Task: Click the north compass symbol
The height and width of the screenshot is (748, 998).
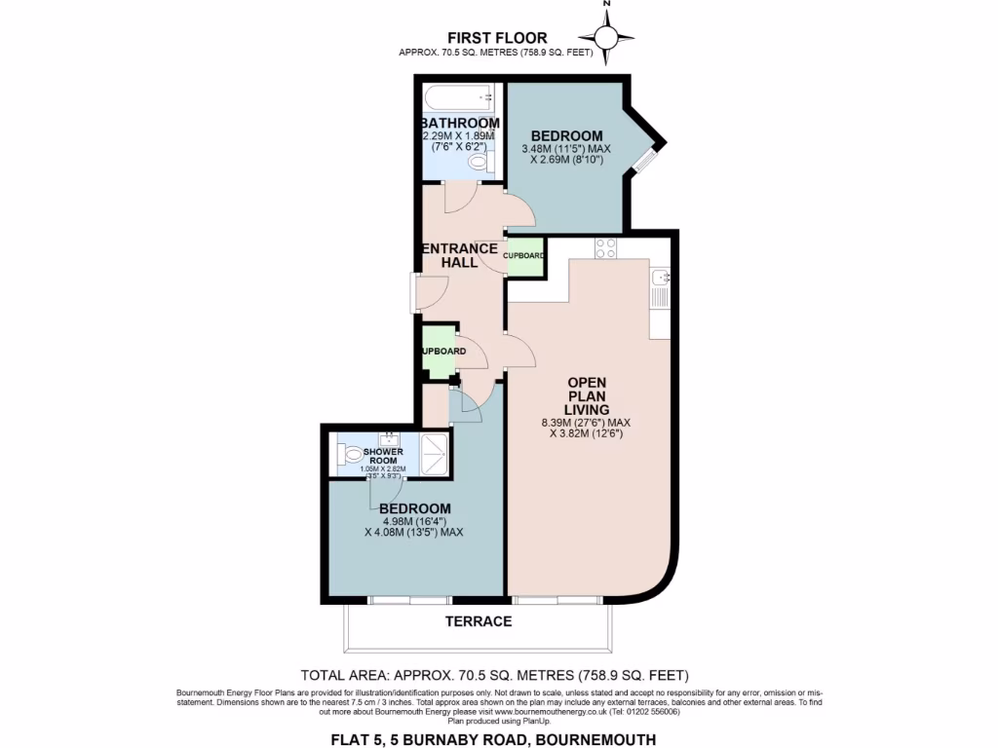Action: click(607, 37)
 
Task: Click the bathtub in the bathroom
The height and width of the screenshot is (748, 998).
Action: click(459, 98)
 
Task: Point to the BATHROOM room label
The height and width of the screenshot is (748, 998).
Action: click(460, 123)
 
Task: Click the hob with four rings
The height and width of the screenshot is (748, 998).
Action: click(605, 248)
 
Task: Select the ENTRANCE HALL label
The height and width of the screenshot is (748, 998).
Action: click(459, 255)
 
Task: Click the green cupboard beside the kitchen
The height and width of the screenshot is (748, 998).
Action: click(524, 256)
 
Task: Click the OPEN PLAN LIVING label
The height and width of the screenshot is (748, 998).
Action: click(588, 396)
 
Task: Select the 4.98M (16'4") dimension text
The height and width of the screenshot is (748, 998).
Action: click(414, 520)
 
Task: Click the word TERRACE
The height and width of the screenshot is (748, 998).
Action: click(479, 621)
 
